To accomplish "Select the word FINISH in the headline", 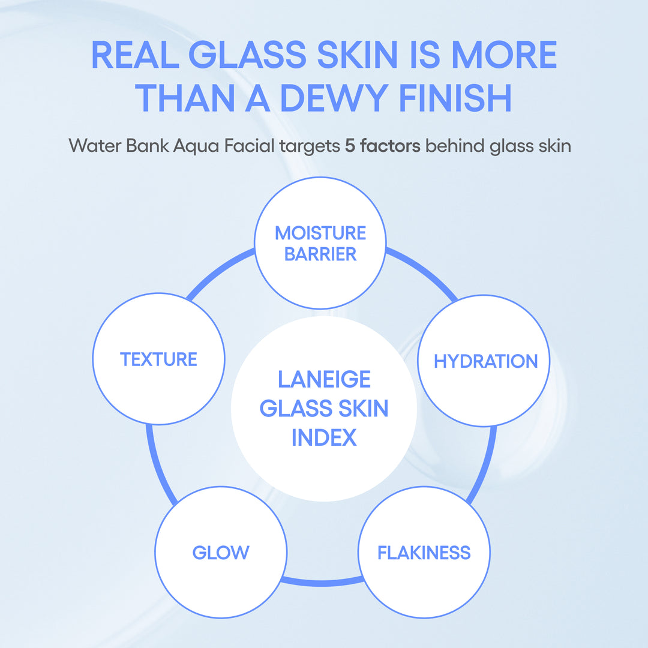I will tap(458, 98).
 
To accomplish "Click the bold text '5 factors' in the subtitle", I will tap(383, 146).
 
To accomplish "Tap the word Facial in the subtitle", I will tap(248, 146).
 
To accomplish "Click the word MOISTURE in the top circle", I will tap(320, 233).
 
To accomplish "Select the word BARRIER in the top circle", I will tap(320, 254).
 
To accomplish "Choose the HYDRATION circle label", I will tap(485, 361).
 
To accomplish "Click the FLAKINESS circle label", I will tap(424, 553).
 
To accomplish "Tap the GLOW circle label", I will tap(220, 553).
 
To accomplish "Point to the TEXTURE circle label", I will tap(158, 359).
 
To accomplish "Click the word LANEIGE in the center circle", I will tap(324, 379).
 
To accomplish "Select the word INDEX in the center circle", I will tap(324, 437).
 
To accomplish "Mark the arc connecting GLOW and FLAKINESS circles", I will tap(322, 582).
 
